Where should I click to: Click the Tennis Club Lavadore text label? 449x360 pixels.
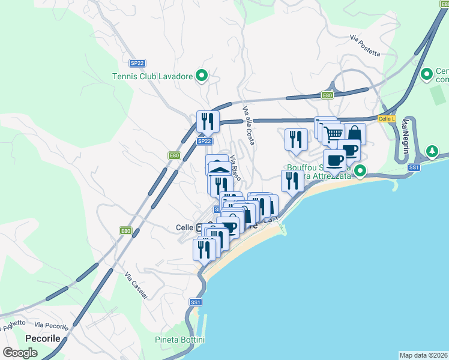[152, 76]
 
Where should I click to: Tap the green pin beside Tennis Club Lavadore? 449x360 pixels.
[202, 76]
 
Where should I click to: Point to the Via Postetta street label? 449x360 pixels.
[366, 45]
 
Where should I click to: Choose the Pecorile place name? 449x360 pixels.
[43, 338]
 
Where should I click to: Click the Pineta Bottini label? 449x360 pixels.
[179, 340]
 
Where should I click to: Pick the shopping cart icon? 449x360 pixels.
[333, 133]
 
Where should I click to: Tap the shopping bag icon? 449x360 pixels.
[355, 133]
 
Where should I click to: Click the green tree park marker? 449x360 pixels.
[432, 150]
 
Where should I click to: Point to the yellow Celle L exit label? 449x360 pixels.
[387, 119]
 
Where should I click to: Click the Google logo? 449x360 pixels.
[20, 352]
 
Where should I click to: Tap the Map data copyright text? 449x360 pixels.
[423, 355]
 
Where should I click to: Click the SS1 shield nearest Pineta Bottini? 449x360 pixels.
[195, 302]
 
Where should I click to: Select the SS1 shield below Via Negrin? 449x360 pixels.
[413, 167]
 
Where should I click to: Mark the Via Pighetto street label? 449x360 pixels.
[13, 325]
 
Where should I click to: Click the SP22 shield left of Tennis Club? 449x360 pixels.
[137, 63]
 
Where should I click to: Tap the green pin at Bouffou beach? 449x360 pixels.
[360, 171]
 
